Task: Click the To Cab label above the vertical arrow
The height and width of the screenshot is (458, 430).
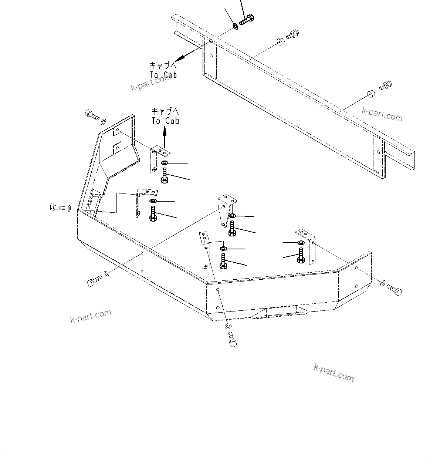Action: pyautogui.click(x=165, y=116)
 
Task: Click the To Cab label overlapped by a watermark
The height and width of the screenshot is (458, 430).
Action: pyautogui.click(x=163, y=70)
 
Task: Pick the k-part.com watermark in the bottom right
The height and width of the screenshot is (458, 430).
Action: pyautogui.click(x=333, y=372)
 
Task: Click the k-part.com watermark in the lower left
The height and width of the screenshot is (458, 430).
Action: pyautogui.click(x=91, y=316)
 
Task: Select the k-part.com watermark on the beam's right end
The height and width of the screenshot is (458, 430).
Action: pyautogui.click(x=382, y=114)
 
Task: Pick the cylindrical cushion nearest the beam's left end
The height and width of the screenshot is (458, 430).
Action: pyautogui.click(x=280, y=41)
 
